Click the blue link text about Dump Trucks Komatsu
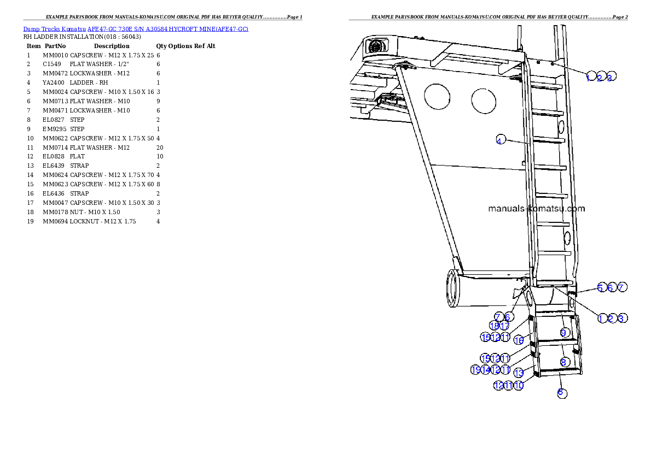tap(136, 29)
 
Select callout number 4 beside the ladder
tap(499, 140)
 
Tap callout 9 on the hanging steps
tap(564, 332)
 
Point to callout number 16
tap(519, 340)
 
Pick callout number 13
tap(519, 373)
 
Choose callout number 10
tap(519, 385)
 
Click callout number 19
tap(475, 370)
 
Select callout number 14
tap(485, 370)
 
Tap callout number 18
tap(494, 326)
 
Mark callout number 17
tap(504, 326)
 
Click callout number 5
tap(601, 287)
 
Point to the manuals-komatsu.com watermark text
tap(536, 209)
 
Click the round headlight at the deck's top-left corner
tap(376, 47)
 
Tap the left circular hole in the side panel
tap(437, 97)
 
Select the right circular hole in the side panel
tap(484, 101)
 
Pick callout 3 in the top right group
tap(612, 76)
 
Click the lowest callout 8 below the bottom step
tap(561, 392)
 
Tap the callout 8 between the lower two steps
tap(564, 362)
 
